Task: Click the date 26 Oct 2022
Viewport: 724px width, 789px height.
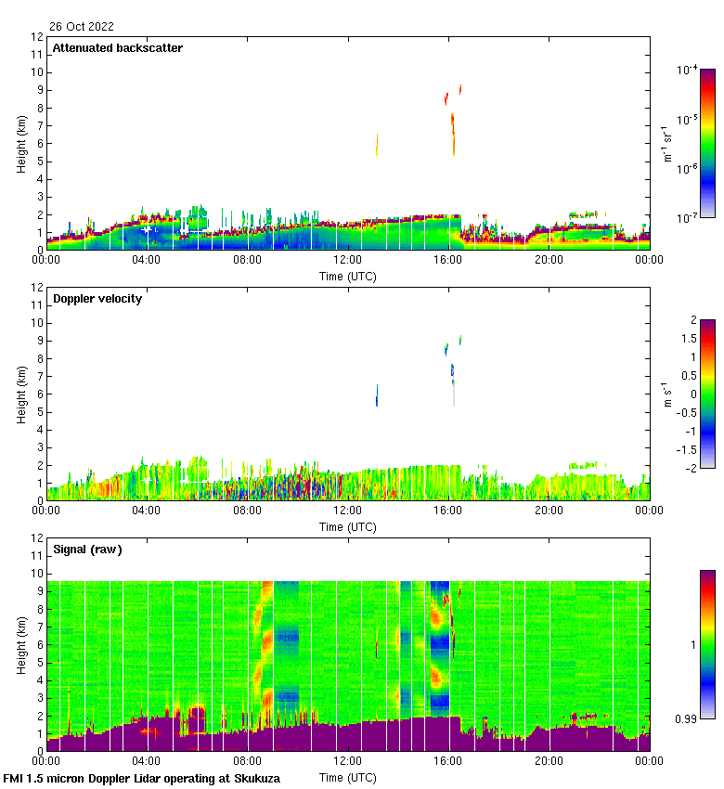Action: (x=82, y=27)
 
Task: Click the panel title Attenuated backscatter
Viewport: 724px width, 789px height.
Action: (x=117, y=47)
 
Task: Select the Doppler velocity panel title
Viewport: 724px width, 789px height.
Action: (x=97, y=298)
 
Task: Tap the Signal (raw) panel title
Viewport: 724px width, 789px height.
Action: (x=87, y=549)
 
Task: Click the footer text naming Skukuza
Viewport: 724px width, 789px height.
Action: (x=141, y=778)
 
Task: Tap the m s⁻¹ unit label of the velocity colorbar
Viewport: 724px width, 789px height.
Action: (x=666, y=394)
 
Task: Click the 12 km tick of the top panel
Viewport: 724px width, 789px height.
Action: (x=38, y=37)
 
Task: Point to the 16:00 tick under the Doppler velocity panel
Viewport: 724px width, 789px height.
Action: (x=448, y=511)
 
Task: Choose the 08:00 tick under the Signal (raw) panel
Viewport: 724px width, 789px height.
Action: (x=247, y=761)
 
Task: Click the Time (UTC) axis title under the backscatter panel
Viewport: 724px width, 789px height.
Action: (x=348, y=276)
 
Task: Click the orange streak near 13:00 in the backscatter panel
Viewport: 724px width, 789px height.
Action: (x=377, y=144)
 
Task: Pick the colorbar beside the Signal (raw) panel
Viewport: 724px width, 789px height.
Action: (x=707, y=644)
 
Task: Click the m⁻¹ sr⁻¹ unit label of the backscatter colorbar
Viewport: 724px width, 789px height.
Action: (x=666, y=143)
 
